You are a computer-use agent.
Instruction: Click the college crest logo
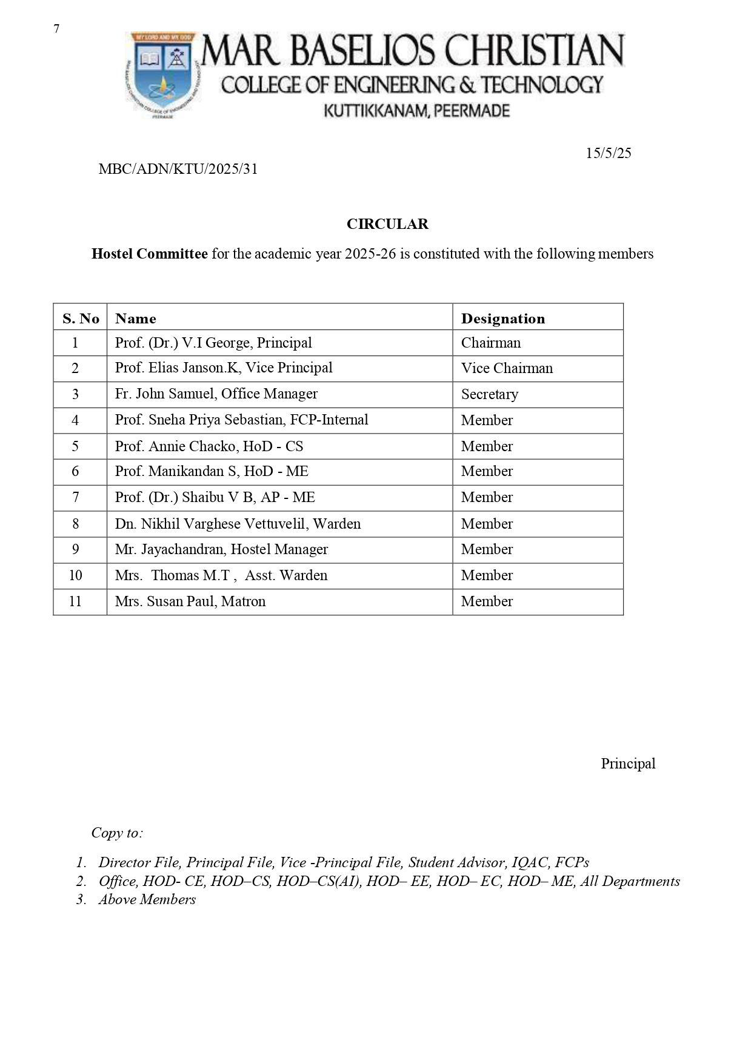click(x=162, y=74)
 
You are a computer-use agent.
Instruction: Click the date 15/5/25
click(x=608, y=153)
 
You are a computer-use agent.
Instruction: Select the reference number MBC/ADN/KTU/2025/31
click(x=178, y=169)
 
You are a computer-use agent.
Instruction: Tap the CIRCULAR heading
click(x=387, y=224)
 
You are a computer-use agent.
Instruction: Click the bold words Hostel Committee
click(x=149, y=254)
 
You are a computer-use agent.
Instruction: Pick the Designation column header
click(x=502, y=319)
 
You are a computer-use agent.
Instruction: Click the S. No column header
click(x=81, y=319)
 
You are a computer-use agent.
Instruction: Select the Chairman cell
click(x=490, y=343)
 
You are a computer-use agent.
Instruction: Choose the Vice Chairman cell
click(x=507, y=368)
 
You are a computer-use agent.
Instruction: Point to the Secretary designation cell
click(x=489, y=394)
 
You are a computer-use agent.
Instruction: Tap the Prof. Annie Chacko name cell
click(x=209, y=446)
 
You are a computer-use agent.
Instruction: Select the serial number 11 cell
click(x=75, y=601)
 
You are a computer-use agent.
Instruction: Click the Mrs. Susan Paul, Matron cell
click(x=190, y=601)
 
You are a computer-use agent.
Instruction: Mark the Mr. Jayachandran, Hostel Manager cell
click(x=221, y=549)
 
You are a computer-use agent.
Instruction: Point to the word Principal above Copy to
click(x=628, y=764)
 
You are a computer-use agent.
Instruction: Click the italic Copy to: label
click(x=117, y=833)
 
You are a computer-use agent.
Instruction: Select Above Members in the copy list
click(x=147, y=899)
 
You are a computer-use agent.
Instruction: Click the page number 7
click(x=56, y=29)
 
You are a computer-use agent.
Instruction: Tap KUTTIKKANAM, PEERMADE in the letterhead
click(x=416, y=111)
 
